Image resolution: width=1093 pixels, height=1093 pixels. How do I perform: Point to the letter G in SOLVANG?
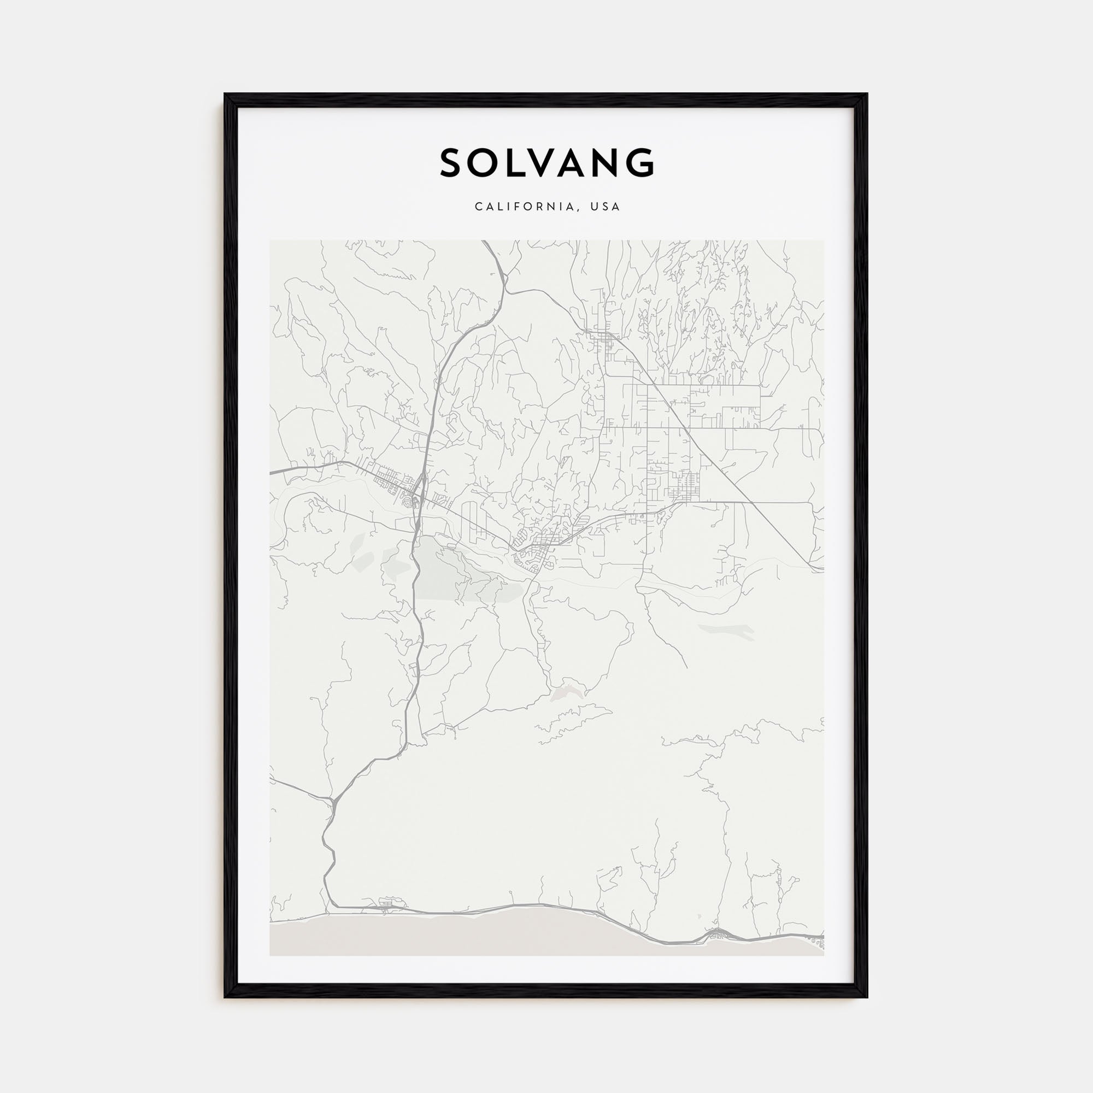[640, 163]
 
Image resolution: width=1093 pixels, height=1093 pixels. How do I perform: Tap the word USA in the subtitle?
[605, 207]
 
